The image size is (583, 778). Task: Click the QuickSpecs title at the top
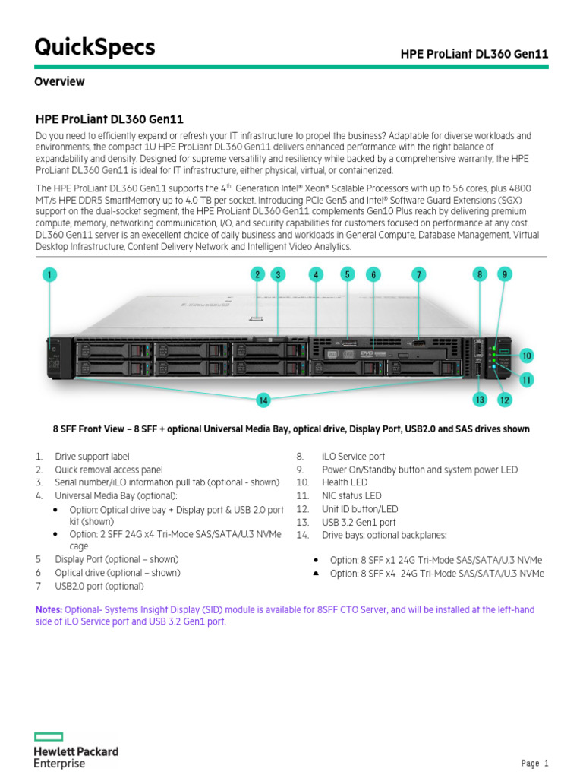[95, 47]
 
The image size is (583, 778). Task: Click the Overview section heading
[59, 81]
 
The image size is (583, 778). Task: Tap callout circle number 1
[50, 275]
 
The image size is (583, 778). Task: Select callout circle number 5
[348, 274]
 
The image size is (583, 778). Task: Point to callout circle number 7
[418, 275]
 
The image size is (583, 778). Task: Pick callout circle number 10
[527, 355]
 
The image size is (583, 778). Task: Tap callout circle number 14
[263, 400]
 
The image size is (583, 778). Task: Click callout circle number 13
[480, 399]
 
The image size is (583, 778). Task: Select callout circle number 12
[504, 399]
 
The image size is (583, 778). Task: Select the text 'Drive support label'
[92, 457]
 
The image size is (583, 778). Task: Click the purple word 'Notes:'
[49, 609]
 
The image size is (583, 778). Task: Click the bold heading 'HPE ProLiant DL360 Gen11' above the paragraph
[109, 119]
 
